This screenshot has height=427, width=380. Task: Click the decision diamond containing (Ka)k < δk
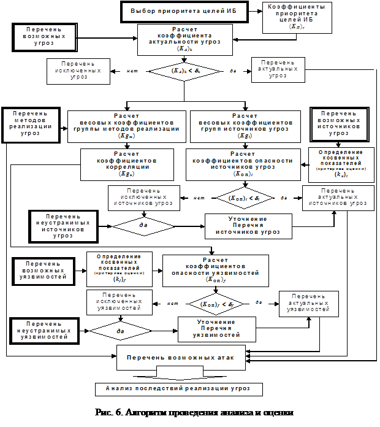point(185,72)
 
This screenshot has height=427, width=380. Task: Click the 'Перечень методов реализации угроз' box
point(30,123)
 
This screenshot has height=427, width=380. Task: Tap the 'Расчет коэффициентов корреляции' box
point(120,164)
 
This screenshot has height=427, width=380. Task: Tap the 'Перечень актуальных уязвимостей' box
point(308,303)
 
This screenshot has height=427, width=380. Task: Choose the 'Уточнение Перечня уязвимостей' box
point(216,328)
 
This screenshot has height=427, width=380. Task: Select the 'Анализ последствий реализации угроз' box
point(180,388)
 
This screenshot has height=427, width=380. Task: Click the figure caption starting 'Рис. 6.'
point(196,412)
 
